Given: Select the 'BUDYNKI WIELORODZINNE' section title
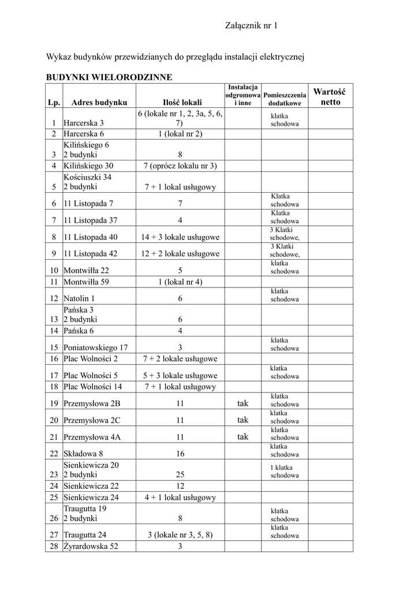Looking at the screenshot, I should [109, 77].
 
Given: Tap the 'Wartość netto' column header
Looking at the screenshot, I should [329, 97].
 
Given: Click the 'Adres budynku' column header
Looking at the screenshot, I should [99, 102].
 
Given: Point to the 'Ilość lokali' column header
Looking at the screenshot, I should [180, 102].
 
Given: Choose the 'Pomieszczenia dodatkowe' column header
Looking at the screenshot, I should [285, 99].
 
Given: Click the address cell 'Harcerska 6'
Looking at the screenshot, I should [84, 134].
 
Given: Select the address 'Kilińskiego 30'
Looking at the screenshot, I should [88, 166].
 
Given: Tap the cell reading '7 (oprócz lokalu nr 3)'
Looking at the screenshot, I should [180, 166].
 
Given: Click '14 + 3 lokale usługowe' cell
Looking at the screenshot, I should [180, 237].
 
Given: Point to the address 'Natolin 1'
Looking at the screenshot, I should [79, 298].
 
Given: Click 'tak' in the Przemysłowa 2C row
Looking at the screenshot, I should [242, 420].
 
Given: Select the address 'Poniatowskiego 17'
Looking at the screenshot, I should [96, 347].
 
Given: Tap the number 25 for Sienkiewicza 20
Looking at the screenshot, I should [180, 475].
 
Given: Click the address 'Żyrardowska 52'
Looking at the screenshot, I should [91, 546].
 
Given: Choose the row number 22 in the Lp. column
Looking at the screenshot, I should [54, 454].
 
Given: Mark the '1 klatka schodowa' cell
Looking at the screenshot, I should [285, 472].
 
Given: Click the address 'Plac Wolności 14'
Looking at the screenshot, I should [93, 387].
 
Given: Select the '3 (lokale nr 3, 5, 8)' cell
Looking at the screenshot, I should [180, 534].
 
